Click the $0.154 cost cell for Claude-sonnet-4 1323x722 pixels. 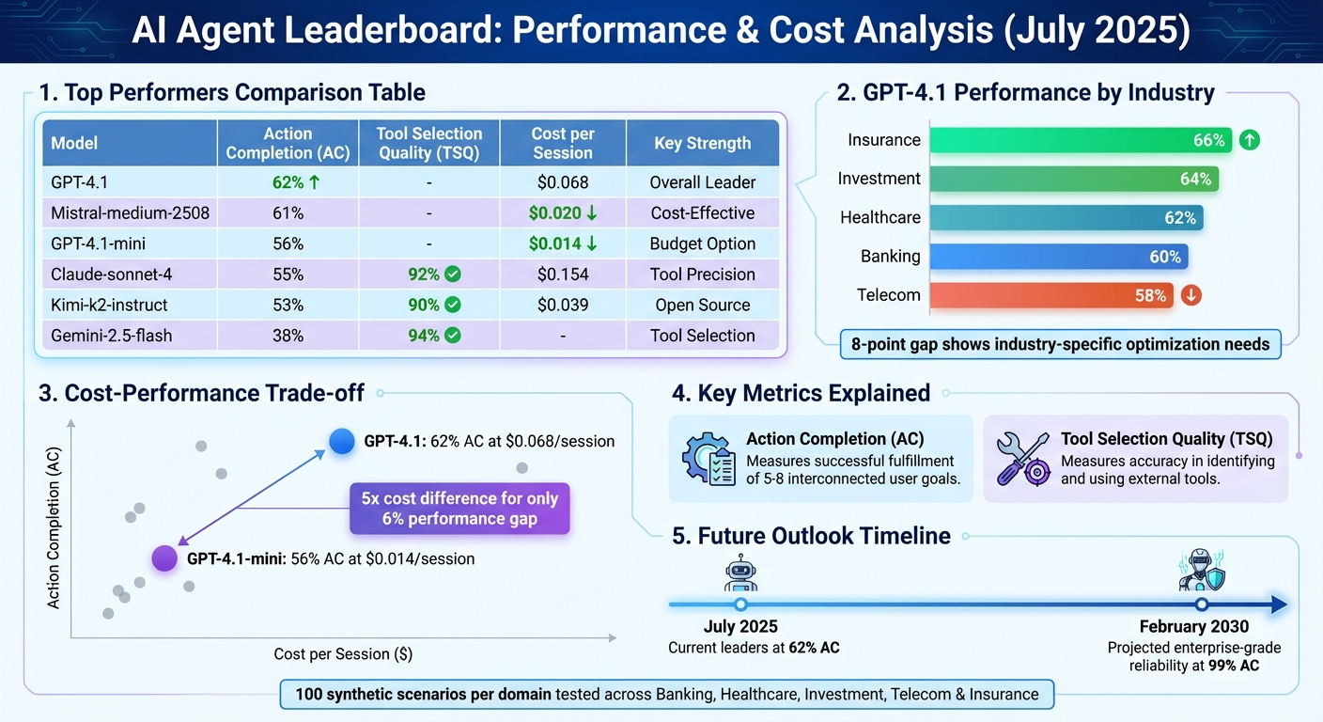click(x=562, y=275)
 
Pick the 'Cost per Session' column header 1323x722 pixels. click(x=562, y=143)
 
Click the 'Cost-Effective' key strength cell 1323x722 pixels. click(x=702, y=213)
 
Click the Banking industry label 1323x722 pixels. click(x=890, y=257)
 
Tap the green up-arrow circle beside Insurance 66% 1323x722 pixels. click(x=1250, y=141)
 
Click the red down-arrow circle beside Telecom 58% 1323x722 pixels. click(x=1191, y=295)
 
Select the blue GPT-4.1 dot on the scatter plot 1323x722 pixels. click(x=341, y=440)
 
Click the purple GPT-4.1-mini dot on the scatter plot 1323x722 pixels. click(x=164, y=558)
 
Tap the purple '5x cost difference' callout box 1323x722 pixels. click(x=459, y=509)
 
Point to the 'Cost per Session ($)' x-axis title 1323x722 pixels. click(x=343, y=653)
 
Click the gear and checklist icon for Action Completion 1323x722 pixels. click(x=708, y=458)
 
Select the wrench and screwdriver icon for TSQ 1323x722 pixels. click(x=1021, y=458)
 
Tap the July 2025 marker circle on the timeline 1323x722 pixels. click(x=740, y=604)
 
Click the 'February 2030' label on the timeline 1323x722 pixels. click(x=1193, y=627)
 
